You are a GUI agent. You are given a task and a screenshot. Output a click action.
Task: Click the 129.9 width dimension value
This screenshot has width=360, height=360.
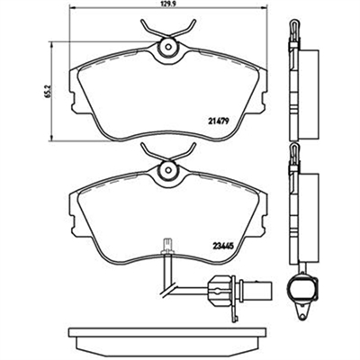(x=167, y=4)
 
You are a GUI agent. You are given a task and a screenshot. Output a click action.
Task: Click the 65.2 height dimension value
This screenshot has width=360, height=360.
(x=50, y=91)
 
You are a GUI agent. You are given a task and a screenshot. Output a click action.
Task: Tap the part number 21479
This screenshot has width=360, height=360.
(x=219, y=121)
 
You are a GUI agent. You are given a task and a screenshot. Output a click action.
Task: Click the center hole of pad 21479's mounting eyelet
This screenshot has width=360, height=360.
(x=168, y=48)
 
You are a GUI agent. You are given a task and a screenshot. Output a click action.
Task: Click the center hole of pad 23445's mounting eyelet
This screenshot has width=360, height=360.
(x=168, y=170)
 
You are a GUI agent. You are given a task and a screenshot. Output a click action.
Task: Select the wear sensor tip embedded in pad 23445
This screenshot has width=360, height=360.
(x=166, y=246)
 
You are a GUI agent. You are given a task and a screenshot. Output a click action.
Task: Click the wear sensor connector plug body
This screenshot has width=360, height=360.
(x=221, y=288)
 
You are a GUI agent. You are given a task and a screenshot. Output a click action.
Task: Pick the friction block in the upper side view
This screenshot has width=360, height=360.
(x=308, y=95)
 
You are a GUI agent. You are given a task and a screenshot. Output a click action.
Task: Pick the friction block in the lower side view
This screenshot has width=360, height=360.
(x=308, y=219)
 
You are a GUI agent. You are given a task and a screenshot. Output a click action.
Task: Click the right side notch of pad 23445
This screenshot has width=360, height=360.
(x=264, y=220)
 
